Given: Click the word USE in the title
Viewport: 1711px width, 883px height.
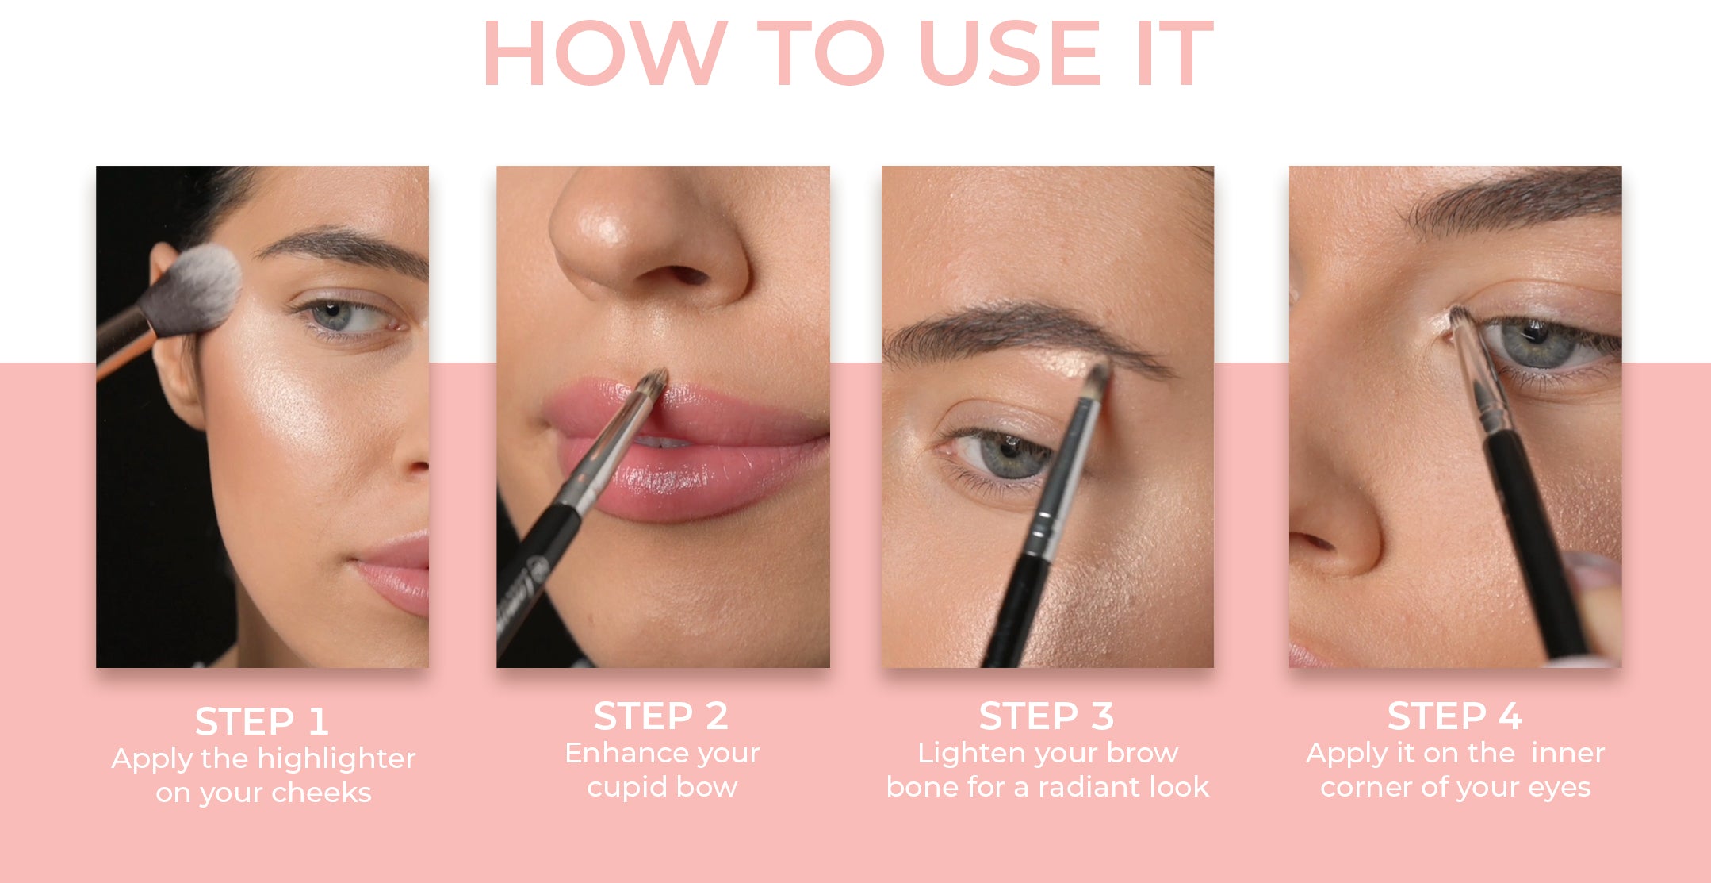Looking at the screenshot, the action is click(x=1011, y=53).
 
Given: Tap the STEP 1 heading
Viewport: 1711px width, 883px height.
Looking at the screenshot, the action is click(x=262, y=722).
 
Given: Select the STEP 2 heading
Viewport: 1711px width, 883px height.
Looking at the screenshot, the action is click(x=661, y=716).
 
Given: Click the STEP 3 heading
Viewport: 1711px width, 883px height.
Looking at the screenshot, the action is click(x=1047, y=716).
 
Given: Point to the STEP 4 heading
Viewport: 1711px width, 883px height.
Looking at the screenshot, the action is click(x=1455, y=716).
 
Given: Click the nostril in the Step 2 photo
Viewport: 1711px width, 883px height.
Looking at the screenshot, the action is click(x=683, y=275).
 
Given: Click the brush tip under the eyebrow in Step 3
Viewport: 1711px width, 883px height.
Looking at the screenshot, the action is click(x=1099, y=378).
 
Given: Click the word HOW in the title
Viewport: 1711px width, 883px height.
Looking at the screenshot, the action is click(x=605, y=53).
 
